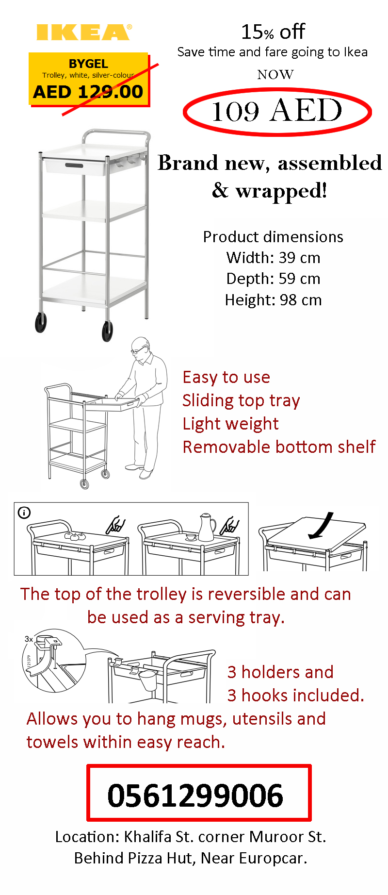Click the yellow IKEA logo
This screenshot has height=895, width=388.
click(x=84, y=32)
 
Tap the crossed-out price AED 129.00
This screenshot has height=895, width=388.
click(x=88, y=91)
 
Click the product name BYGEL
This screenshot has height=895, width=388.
click(x=88, y=64)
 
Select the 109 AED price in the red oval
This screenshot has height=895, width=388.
click(x=277, y=111)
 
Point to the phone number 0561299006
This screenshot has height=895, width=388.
click(x=195, y=795)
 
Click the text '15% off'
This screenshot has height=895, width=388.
click(x=273, y=32)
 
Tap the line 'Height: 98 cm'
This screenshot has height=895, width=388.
click(x=273, y=300)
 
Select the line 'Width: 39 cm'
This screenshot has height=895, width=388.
click(x=273, y=257)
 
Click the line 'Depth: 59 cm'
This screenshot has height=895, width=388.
click(x=273, y=279)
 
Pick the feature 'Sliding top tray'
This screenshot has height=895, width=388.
click(x=241, y=400)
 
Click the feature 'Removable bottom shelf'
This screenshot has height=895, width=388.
click(x=279, y=447)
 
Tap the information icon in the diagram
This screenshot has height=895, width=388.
click(x=24, y=513)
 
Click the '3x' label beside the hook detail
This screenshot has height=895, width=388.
click(x=29, y=639)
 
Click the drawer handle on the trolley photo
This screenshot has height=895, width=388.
click(x=74, y=166)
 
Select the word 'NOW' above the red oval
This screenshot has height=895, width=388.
click(x=275, y=74)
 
